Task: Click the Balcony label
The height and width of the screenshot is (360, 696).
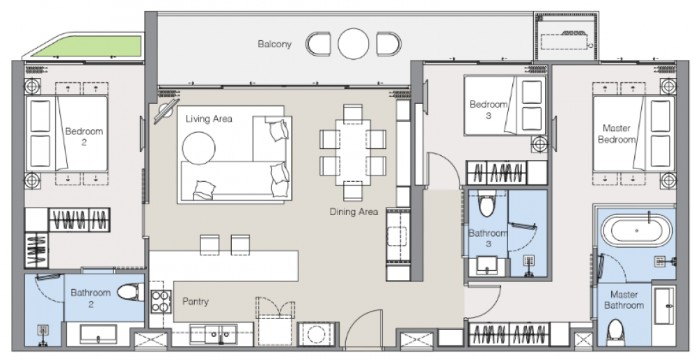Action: pyautogui.click(x=275, y=44)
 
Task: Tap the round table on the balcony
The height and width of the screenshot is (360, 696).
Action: pyautogui.click(x=354, y=44)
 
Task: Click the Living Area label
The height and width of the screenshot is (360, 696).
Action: pyautogui.click(x=209, y=118)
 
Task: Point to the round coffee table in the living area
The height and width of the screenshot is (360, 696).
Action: pyautogui.click(x=198, y=148)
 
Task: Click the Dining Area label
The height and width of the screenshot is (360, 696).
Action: pyautogui.click(x=354, y=212)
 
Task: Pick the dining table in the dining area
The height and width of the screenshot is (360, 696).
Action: pyautogui.click(x=353, y=152)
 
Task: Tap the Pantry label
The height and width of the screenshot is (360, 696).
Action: pyautogui.click(x=196, y=302)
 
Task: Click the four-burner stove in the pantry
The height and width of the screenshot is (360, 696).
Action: pyautogui.click(x=161, y=302)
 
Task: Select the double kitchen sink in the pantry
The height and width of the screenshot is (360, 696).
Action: pyautogui.click(x=213, y=334)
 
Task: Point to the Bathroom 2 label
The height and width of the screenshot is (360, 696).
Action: pyautogui.click(x=90, y=298)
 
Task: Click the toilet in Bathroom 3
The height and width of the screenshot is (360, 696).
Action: pyautogui.click(x=487, y=205)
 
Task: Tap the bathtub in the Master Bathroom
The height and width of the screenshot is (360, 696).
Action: pyautogui.click(x=637, y=230)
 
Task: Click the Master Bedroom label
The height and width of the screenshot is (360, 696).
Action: pyautogui.click(x=617, y=134)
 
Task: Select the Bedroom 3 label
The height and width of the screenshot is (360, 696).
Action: pyautogui.click(x=489, y=109)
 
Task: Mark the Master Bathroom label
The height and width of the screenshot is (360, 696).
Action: pyautogui.click(x=624, y=299)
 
